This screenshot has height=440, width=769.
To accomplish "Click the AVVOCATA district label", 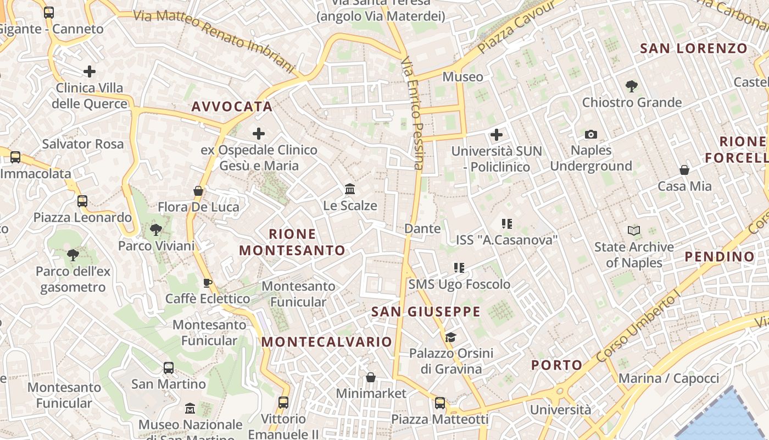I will [x=232, y=107].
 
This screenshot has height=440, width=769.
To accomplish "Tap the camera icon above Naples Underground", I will [x=591, y=134].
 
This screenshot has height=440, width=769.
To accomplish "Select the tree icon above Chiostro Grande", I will [x=631, y=86].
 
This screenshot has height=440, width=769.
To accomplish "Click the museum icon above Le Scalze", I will [x=350, y=189].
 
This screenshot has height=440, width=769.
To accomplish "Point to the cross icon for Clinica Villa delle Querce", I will [x=90, y=71].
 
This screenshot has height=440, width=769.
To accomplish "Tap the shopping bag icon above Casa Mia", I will [x=684, y=170].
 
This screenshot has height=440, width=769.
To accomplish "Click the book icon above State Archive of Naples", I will [x=634, y=231].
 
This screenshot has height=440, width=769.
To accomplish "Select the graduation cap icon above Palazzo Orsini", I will [x=450, y=337].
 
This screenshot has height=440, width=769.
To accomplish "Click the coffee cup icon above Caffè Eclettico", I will [x=207, y=283].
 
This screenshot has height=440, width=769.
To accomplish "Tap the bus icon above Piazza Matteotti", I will [x=439, y=403].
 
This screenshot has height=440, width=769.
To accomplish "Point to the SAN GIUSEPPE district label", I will [x=426, y=312].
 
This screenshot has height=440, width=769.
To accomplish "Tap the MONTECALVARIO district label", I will [x=326, y=342].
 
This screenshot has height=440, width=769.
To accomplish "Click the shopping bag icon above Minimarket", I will [x=371, y=377].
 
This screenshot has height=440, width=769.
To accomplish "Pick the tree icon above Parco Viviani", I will [x=156, y=229].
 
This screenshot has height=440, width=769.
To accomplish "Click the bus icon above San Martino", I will [x=169, y=368].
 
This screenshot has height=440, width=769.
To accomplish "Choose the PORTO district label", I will [x=556, y=365].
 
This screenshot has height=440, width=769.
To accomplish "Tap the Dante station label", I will [x=422, y=228].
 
